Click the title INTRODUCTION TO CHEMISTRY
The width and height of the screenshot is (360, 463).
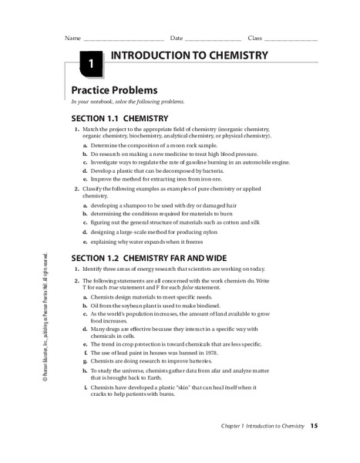(189, 56)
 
